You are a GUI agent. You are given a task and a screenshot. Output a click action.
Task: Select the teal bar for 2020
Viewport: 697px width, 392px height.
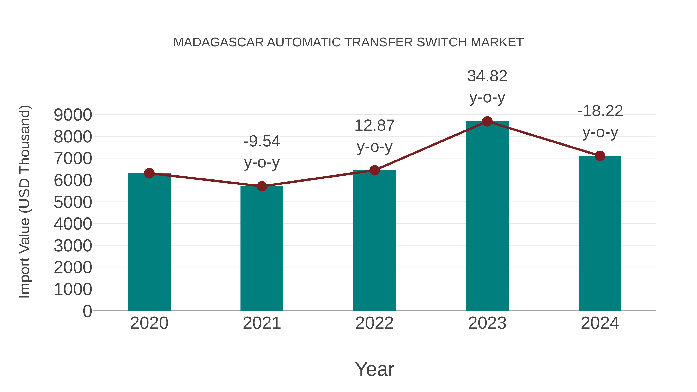[149, 244]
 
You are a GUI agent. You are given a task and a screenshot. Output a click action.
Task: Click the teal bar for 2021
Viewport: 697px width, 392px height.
[262, 249]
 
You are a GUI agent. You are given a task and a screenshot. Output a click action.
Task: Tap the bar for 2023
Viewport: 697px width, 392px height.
[487, 216]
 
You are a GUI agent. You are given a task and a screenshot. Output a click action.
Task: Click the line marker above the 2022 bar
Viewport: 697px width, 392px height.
[374, 170]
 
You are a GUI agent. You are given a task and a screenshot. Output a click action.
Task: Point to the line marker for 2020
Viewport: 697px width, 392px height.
[149, 173]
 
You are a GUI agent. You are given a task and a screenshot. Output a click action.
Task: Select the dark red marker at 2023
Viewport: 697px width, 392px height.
[487, 121]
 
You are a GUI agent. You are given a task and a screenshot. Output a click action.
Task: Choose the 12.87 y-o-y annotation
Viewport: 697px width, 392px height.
[374, 136]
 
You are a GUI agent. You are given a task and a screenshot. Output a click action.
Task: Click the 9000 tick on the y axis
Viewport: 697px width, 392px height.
[73, 115]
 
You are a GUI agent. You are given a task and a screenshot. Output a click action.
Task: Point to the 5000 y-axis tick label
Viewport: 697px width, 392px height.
[73, 202]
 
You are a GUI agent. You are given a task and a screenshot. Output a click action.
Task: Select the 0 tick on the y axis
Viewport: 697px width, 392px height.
[87, 311]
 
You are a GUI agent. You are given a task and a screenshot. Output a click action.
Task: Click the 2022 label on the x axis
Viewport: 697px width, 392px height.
[374, 323]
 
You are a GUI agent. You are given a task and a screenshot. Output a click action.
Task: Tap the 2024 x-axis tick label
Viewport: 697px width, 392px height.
[600, 323]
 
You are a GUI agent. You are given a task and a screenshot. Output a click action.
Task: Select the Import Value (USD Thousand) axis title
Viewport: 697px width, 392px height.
[24, 202]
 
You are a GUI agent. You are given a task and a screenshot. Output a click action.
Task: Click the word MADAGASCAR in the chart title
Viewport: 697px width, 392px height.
[218, 42]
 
